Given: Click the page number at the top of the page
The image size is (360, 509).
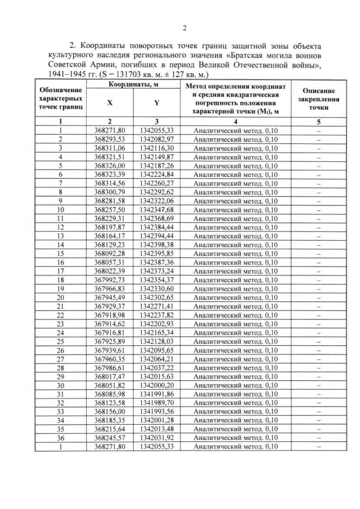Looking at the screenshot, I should pos(184,29).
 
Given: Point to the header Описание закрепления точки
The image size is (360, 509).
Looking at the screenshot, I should pos(318,98).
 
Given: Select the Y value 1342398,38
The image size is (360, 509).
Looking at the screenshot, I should pos(155,245).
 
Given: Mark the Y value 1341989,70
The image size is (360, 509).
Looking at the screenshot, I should pos(155,403).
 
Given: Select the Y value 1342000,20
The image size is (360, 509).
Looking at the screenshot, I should pos(155,385).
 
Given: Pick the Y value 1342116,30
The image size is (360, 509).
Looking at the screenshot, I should pos(155,148).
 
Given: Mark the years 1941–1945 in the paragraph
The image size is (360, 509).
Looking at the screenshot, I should pos(68,74).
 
